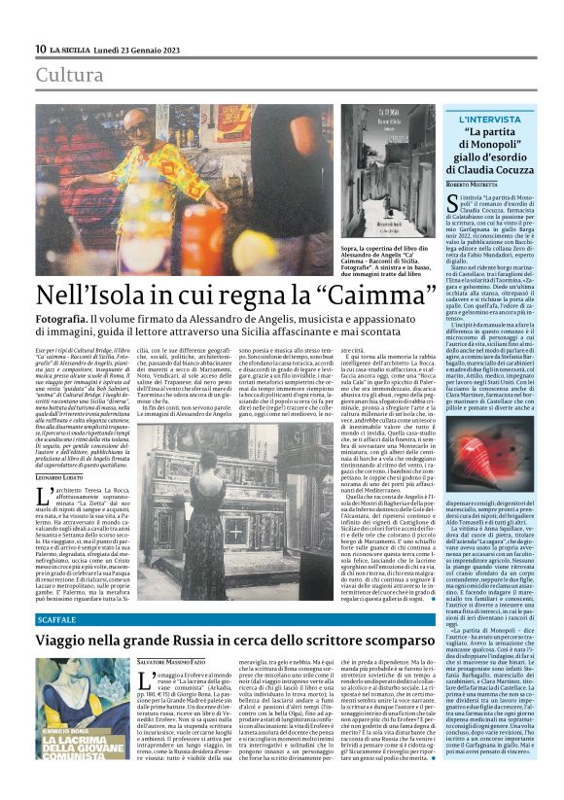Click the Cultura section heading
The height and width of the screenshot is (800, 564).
pyautogui.click(x=69, y=75)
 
